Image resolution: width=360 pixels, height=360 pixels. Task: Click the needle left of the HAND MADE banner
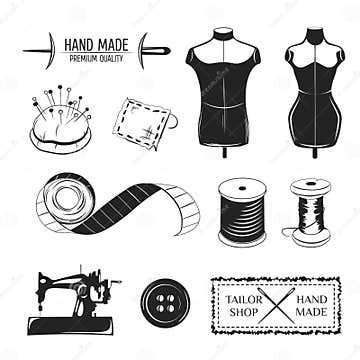[x=40, y=46]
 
